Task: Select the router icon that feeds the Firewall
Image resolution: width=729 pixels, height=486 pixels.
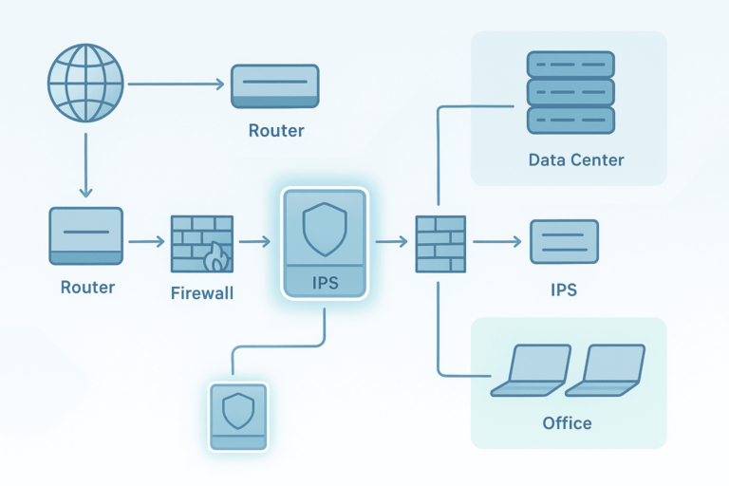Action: [85, 235]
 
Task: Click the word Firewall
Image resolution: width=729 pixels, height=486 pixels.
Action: [201, 293]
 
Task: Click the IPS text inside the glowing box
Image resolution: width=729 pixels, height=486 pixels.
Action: [325, 282]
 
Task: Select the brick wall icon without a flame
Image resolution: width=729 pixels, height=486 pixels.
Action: [440, 244]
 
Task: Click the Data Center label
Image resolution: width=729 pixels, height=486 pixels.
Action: [576, 159]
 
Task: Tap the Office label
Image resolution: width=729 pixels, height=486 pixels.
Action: [567, 422]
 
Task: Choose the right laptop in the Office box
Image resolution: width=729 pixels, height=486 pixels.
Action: [605, 371]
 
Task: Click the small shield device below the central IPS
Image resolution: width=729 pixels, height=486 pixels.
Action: [237, 417]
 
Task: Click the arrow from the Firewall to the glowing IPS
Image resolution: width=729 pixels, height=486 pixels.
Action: [254, 242]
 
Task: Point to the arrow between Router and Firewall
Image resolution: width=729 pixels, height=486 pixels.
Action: [145, 242]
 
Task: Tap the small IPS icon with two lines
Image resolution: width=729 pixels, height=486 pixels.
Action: [564, 241]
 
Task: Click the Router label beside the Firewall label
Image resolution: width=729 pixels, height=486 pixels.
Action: [86, 287]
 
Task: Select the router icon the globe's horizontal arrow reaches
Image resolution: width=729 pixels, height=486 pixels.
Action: [275, 86]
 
